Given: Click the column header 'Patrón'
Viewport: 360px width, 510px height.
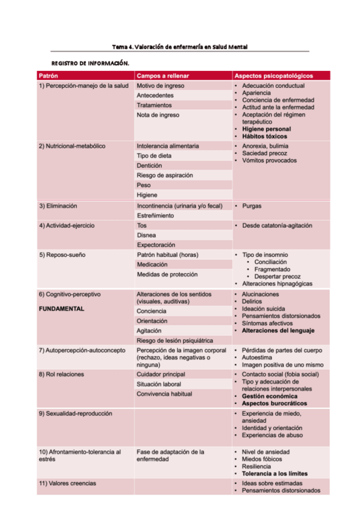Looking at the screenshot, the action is coord(48,76).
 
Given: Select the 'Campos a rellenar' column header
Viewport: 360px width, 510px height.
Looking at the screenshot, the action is coord(163,76).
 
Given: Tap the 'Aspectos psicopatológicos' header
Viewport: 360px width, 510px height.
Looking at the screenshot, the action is coord(273,76).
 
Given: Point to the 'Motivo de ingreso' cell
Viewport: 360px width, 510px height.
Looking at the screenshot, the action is coord(160,85).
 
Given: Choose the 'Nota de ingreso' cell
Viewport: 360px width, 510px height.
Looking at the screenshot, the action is coord(157,115).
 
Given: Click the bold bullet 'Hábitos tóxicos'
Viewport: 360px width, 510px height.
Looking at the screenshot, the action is coord(265,137).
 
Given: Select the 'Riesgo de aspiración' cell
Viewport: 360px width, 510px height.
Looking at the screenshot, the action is coord(165,175).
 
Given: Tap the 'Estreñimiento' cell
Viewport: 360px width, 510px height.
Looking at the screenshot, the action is coord(155,215).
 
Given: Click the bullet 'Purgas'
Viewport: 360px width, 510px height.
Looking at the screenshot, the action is coord(252,206).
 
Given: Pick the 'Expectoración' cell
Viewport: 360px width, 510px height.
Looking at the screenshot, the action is coord(156,245).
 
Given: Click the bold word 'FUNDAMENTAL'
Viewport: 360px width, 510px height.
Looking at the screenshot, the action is coord(61,309).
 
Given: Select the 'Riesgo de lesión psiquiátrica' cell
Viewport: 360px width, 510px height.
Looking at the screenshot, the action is coord(174,340).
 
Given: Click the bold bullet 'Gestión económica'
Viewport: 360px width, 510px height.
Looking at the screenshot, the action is coord(269,396).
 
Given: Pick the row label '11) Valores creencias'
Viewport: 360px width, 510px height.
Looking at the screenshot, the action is coord(67,483).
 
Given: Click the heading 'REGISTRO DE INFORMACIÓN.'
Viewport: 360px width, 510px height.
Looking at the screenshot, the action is coord(90,63).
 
